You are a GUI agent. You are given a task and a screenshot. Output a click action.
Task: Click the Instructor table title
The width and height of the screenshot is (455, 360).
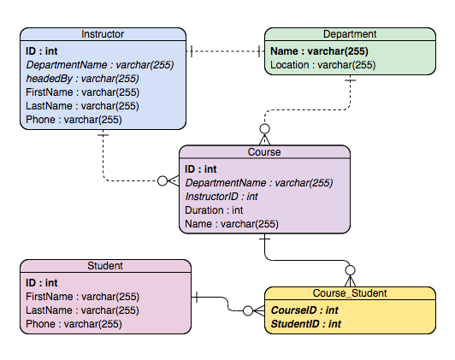click(103, 34)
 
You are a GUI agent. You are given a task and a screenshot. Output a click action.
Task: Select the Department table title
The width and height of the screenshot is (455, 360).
click(350, 34)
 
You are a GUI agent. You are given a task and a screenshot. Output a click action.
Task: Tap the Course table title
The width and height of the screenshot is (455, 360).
click(264, 152)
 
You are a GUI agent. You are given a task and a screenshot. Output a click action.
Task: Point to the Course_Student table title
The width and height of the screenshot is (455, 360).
click(350, 293)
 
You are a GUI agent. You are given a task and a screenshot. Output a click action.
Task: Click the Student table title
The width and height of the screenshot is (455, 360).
click(105, 266)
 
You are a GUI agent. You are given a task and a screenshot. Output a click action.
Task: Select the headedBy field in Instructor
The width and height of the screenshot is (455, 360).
click(82, 79)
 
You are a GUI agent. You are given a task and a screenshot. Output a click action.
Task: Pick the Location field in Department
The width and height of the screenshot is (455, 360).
click(323, 65)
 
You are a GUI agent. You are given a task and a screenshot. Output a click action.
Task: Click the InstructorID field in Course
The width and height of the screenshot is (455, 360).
click(222, 197)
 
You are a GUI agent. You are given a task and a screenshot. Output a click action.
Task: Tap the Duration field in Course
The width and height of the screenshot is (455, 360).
click(214, 210)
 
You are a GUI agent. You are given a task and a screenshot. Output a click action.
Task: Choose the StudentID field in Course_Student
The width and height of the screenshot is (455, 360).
click(306, 324)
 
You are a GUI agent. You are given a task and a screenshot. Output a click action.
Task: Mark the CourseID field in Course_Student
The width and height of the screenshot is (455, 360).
click(304, 310)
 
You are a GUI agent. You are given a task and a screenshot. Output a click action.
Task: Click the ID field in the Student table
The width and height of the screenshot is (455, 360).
click(42, 283)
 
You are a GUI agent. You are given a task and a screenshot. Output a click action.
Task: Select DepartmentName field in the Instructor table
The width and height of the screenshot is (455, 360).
click(100, 65)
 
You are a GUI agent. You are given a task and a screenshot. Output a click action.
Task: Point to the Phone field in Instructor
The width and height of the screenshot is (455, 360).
click(74, 120)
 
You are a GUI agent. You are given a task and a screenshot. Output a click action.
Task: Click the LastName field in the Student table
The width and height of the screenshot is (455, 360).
click(82, 310)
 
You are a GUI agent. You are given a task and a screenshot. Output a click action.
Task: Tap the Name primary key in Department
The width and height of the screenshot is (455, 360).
click(319, 51)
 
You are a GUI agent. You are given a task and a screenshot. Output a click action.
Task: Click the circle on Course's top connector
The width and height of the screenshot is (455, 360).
click(264, 129)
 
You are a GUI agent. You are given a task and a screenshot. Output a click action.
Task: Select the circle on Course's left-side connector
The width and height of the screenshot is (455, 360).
click(162, 180)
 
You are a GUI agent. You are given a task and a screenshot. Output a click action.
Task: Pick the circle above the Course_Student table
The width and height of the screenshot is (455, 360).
click(351, 270)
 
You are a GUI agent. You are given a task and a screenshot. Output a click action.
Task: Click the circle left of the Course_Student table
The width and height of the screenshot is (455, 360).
click(248, 310)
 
